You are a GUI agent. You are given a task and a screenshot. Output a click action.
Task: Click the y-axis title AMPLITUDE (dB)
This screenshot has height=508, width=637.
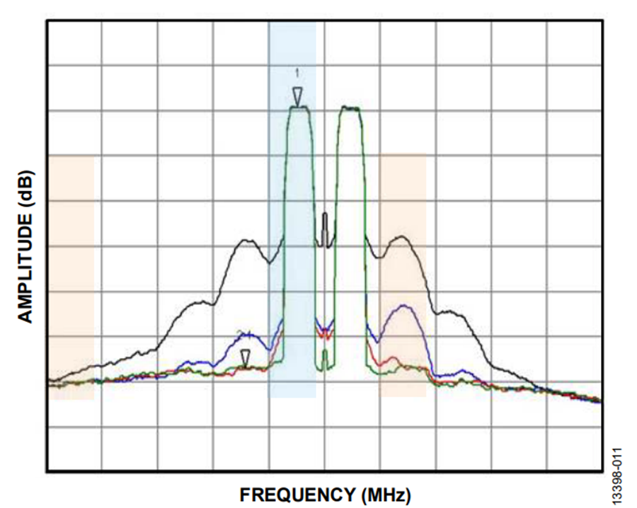(x=25, y=245)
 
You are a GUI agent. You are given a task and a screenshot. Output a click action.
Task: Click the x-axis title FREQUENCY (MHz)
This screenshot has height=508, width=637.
(x=325, y=493)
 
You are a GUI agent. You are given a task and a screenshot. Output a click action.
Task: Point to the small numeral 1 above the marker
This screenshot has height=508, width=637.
(x=297, y=72)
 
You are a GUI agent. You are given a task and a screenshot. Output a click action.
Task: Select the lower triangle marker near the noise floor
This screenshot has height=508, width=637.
(x=245, y=357)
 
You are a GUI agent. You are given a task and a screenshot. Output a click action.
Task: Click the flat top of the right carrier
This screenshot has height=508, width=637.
(x=350, y=108)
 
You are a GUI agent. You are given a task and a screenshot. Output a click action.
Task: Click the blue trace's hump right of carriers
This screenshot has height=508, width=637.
(x=403, y=306)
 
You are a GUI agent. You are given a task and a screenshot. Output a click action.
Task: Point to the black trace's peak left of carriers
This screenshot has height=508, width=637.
(x=246, y=241)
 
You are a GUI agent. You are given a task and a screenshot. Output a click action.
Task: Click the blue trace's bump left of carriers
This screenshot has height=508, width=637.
(x=247, y=333)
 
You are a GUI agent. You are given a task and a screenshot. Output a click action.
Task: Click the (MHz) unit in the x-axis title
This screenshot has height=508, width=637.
(x=385, y=493)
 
